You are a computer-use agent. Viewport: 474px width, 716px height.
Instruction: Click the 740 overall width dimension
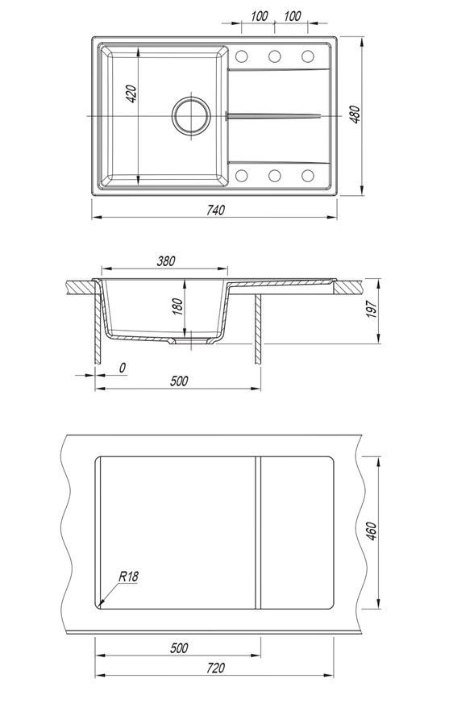pyautogui.click(x=215, y=210)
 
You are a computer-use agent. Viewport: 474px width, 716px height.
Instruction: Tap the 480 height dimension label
pyautogui.click(x=355, y=114)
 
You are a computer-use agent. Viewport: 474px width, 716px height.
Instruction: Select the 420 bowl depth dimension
pyautogui.click(x=131, y=94)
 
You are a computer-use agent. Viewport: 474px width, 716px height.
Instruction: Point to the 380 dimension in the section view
pyautogui.click(x=166, y=261)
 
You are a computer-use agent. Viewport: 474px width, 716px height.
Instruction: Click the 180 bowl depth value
pyautogui.click(x=177, y=306)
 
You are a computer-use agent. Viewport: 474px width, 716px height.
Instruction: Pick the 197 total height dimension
pyautogui.click(x=372, y=310)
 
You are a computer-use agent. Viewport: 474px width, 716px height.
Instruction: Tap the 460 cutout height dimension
pyautogui.click(x=372, y=531)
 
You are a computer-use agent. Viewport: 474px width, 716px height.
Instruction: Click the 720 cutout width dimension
pyautogui.click(x=215, y=668)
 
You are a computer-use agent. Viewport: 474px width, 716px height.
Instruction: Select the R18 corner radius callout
pyautogui.click(x=128, y=577)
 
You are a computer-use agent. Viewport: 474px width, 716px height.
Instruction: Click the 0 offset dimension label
pyautogui.click(x=123, y=368)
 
